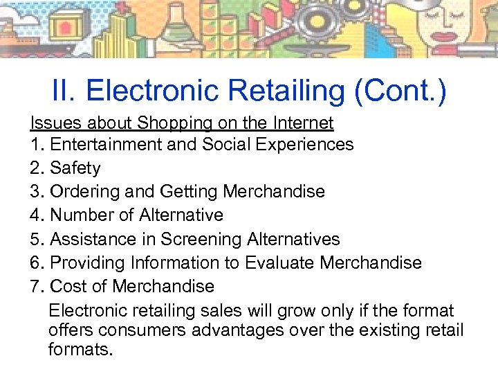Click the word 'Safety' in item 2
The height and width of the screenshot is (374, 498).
75,168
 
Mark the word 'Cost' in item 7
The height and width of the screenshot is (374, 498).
68,286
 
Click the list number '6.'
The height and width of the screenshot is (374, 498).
37,262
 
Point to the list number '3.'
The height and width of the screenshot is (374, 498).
37,191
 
